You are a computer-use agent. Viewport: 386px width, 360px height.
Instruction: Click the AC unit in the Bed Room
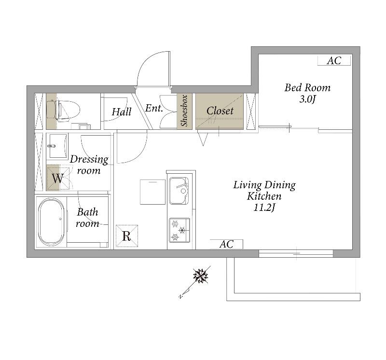pyautogui.click(x=334, y=61)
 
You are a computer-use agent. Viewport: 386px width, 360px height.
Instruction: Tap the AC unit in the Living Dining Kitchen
pyautogui.click(x=226, y=244)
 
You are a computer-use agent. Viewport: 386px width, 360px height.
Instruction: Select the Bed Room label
pyautogui.click(x=307, y=88)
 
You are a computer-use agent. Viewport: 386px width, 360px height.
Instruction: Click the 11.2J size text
pyautogui.click(x=264, y=208)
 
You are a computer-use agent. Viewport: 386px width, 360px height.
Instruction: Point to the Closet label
pyautogui.click(x=220, y=111)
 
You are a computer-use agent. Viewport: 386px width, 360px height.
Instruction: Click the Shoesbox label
pyautogui.click(x=184, y=111)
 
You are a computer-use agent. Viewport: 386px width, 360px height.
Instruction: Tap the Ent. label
pyautogui.click(x=154, y=108)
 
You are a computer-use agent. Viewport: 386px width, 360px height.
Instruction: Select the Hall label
pyautogui.click(x=122, y=112)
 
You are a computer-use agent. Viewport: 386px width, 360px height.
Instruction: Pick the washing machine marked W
pyautogui.click(x=58, y=178)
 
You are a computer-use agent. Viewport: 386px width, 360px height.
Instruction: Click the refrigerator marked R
pyautogui.click(x=127, y=236)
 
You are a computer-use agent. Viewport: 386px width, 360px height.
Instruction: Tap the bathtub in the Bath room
pyautogui.click(x=51, y=222)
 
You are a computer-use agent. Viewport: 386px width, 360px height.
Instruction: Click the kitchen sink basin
pyautogui.click(x=179, y=191)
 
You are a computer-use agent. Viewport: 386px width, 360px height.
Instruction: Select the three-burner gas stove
pyautogui.click(x=179, y=230)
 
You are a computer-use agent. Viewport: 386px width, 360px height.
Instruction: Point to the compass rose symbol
pyautogui.click(x=200, y=276)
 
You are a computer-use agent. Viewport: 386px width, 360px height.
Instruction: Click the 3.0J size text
pyautogui.click(x=307, y=99)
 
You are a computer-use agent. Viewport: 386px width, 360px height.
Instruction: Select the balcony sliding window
pyautogui.click(x=296, y=254)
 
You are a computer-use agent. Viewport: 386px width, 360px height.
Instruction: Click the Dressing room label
pyautogui.click(x=89, y=165)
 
